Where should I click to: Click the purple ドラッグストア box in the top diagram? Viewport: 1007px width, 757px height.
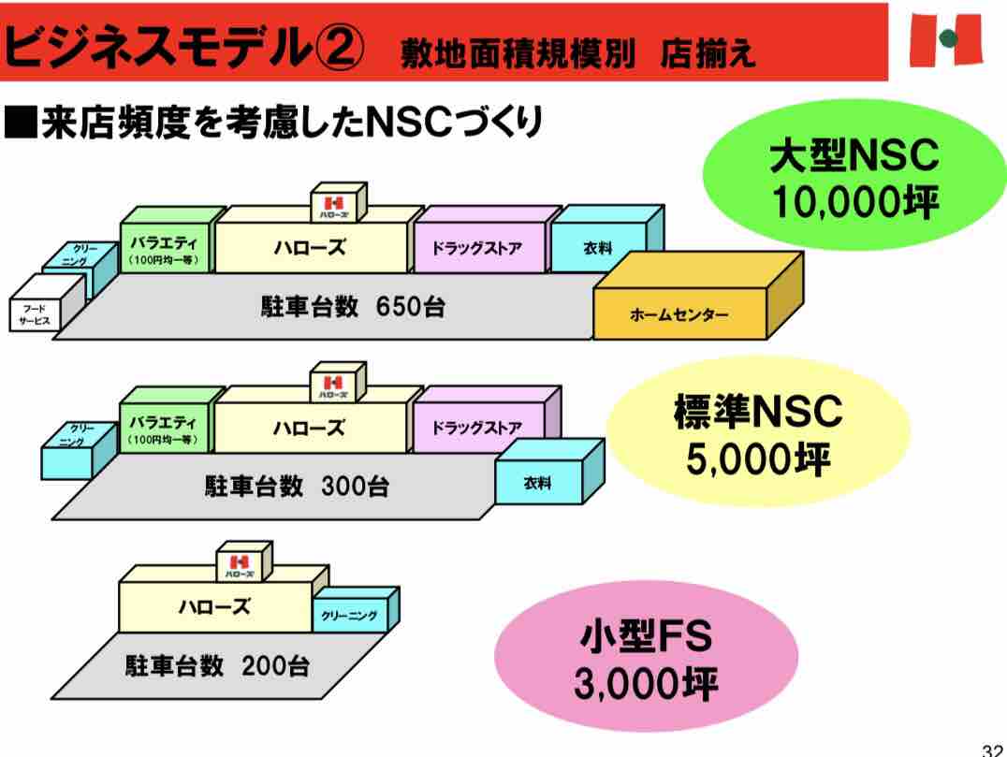476,249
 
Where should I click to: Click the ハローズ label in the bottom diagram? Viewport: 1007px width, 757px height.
214,606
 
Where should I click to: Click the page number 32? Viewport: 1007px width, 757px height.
994,749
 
